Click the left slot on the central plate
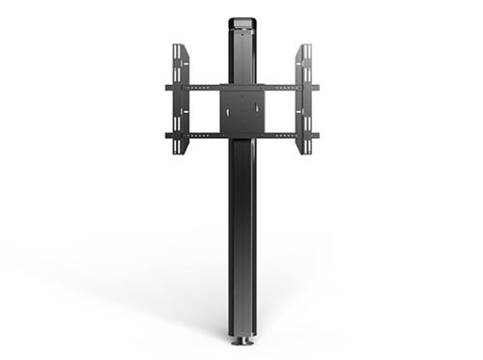[228, 112]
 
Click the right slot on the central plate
[255, 112]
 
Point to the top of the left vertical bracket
[180, 48]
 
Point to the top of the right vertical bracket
[303, 48]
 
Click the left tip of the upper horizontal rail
[168, 87]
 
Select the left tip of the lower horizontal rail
[168, 135]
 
